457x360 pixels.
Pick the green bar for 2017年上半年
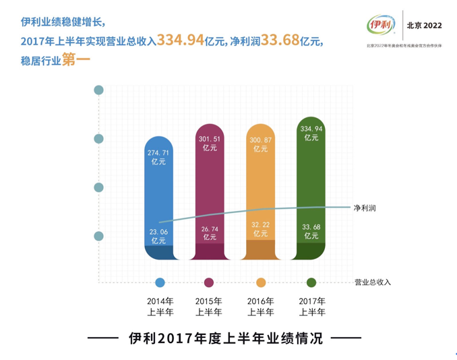(x=311, y=182)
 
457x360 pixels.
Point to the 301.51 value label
(x=210, y=144)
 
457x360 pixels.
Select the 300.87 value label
(x=261, y=144)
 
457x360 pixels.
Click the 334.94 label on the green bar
(x=311, y=132)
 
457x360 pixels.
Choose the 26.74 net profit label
(x=210, y=233)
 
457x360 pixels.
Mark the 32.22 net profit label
(x=261, y=229)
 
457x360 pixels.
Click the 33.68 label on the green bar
(x=311, y=231)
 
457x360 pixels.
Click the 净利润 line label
(x=365, y=208)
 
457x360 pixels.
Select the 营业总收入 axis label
(x=372, y=282)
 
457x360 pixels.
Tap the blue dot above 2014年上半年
(x=160, y=282)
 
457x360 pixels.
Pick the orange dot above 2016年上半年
(x=261, y=282)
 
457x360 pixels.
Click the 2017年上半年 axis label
(x=311, y=306)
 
